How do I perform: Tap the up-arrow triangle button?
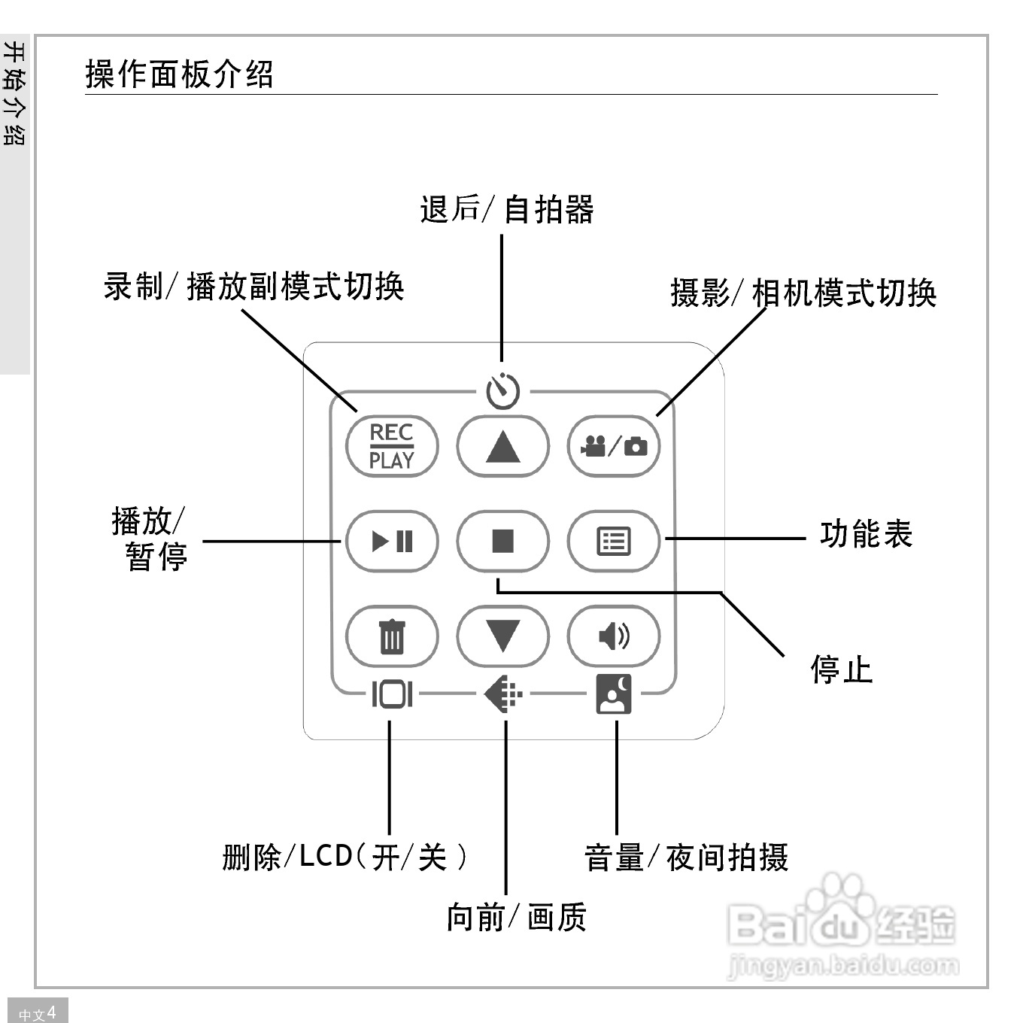pyautogui.click(x=502, y=447)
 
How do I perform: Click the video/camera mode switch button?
pyautogui.click(x=613, y=447)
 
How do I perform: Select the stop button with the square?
pyautogui.click(x=502, y=541)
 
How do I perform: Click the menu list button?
pyautogui.click(x=613, y=541)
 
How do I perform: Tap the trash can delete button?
pyautogui.click(x=391, y=636)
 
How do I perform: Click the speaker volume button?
pyautogui.click(x=613, y=636)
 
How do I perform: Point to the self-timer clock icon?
pyautogui.click(x=502, y=390)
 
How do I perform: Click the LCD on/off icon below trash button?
pyautogui.click(x=391, y=694)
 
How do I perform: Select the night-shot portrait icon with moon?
pyautogui.click(x=614, y=694)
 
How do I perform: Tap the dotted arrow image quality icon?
pyautogui.click(x=503, y=694)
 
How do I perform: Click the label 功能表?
pyautogui.click(x=866, y=534)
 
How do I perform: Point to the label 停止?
pyautogui.click(x=841, y=669)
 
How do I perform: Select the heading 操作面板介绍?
pyautogui.click(x=179, y=74)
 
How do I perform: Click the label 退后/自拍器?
pyautogui.click(x=506, y=209)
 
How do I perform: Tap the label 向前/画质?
pyautogui.click(x=516, y=917)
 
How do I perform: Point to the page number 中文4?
pyautogui.click(x=37, y=1012)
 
